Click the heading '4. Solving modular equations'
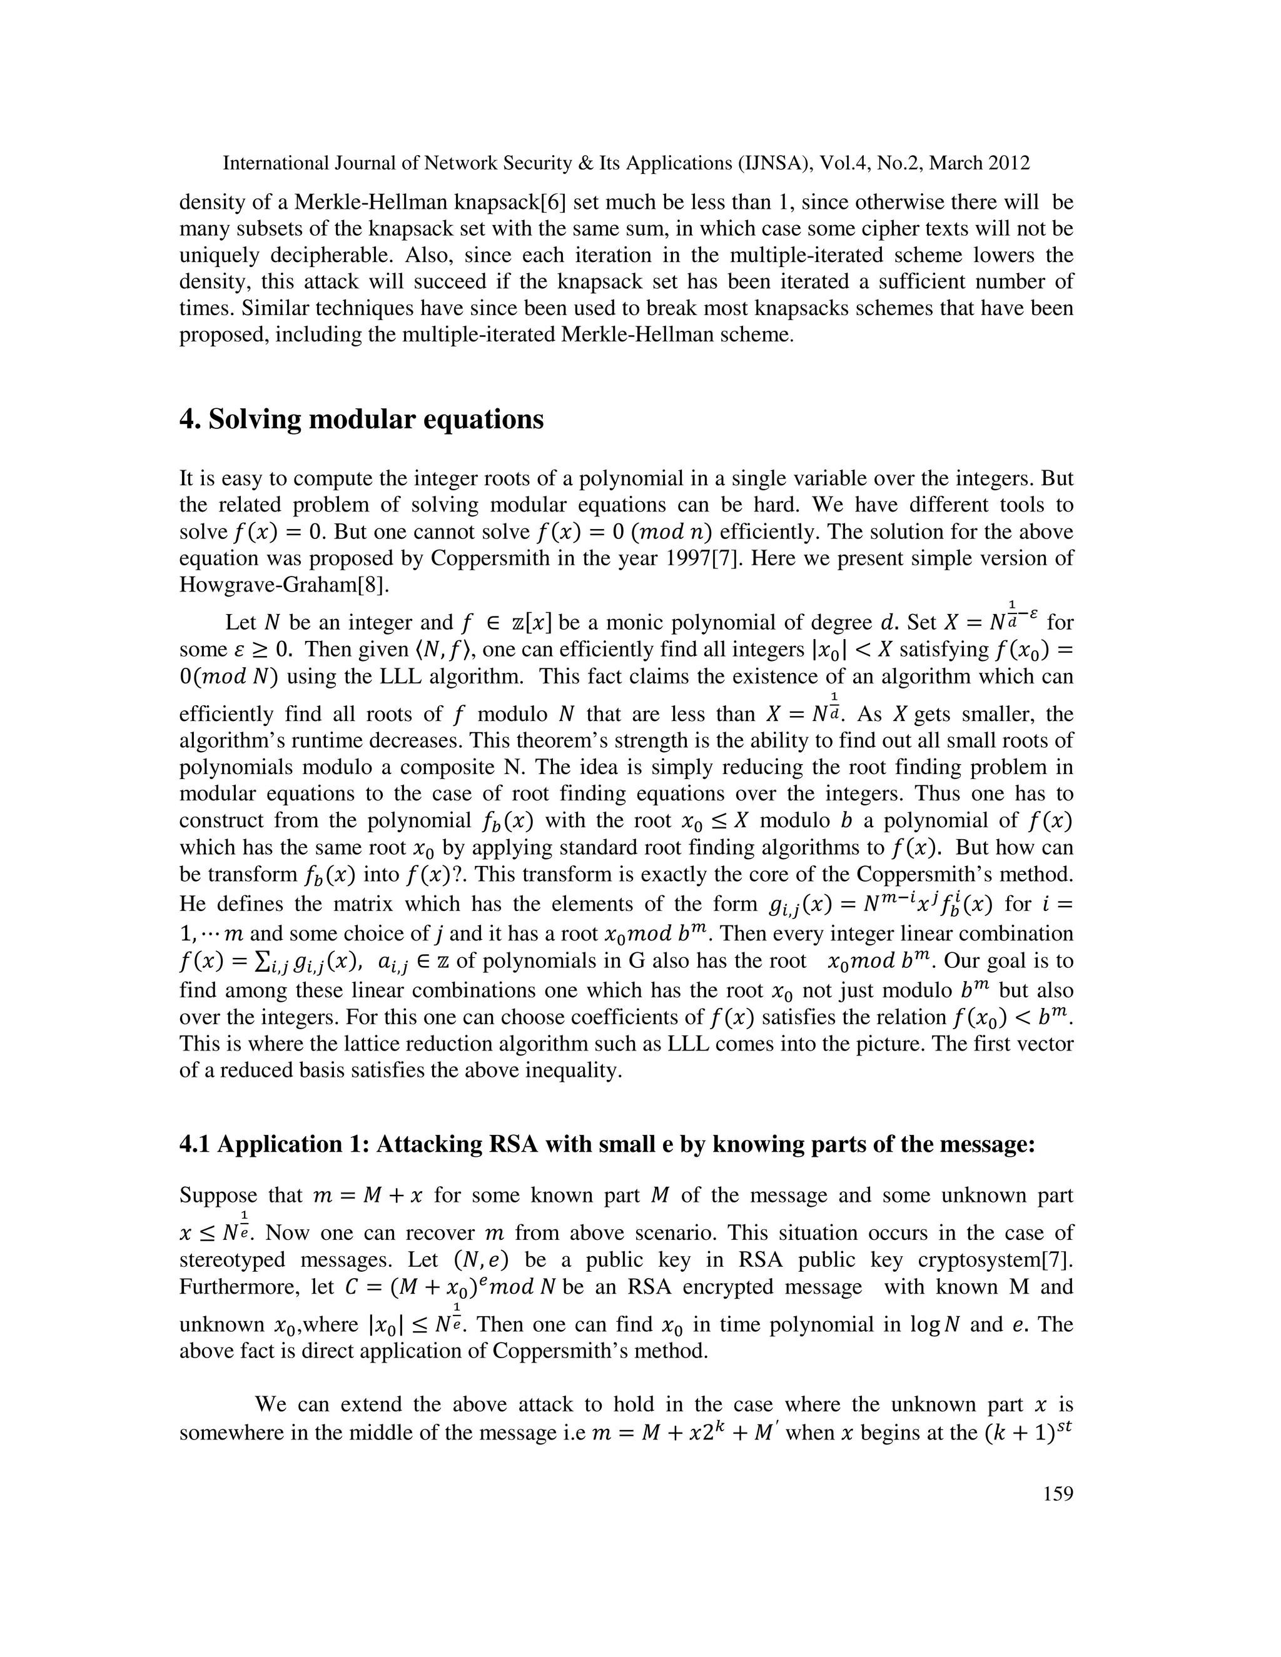(362, 419)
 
